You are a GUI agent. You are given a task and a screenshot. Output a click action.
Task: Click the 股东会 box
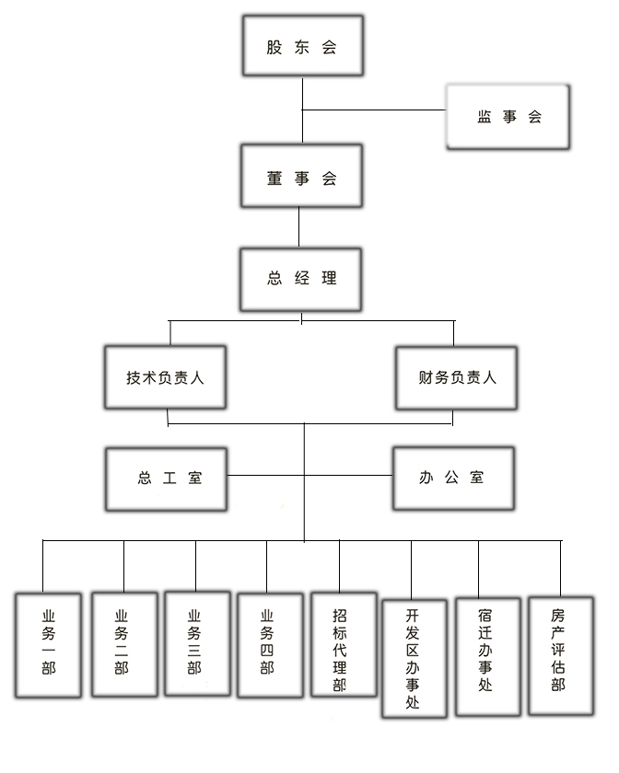point(303,46)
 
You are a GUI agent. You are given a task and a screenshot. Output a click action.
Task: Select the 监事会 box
point(508,117)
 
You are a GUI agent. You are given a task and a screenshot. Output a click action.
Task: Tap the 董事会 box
point(301,176)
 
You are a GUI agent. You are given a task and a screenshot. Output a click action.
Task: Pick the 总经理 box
point(301,280)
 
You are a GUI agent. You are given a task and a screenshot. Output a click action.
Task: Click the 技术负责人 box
point(166,377)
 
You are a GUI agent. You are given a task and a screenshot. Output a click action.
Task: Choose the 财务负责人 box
point(457,378)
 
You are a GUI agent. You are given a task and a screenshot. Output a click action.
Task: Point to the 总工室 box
point(167,479)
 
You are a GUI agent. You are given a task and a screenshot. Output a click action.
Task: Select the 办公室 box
point(453,479)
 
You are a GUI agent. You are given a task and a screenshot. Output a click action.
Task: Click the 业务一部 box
point(49,645)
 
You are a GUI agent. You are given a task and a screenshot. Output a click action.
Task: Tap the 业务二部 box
point(125,644)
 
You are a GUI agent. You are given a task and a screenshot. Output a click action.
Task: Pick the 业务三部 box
point(197,643)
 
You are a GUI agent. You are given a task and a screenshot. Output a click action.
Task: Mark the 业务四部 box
point(271,645)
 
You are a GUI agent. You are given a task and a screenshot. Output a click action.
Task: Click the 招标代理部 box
point(345,644)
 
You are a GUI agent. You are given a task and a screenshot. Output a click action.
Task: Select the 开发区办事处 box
point(415,659)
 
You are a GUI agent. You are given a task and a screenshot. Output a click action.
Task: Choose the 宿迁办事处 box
point(487,657)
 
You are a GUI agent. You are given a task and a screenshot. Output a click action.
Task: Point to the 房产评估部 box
point(561,655)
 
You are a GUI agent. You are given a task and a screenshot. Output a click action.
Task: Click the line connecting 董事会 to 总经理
point(298,227)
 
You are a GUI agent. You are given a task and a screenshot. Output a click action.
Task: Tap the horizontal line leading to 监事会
point(374,110)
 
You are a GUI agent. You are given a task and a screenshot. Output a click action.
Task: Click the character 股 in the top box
point(274,47)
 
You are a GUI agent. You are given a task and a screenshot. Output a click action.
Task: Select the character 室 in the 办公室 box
point(477,478)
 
